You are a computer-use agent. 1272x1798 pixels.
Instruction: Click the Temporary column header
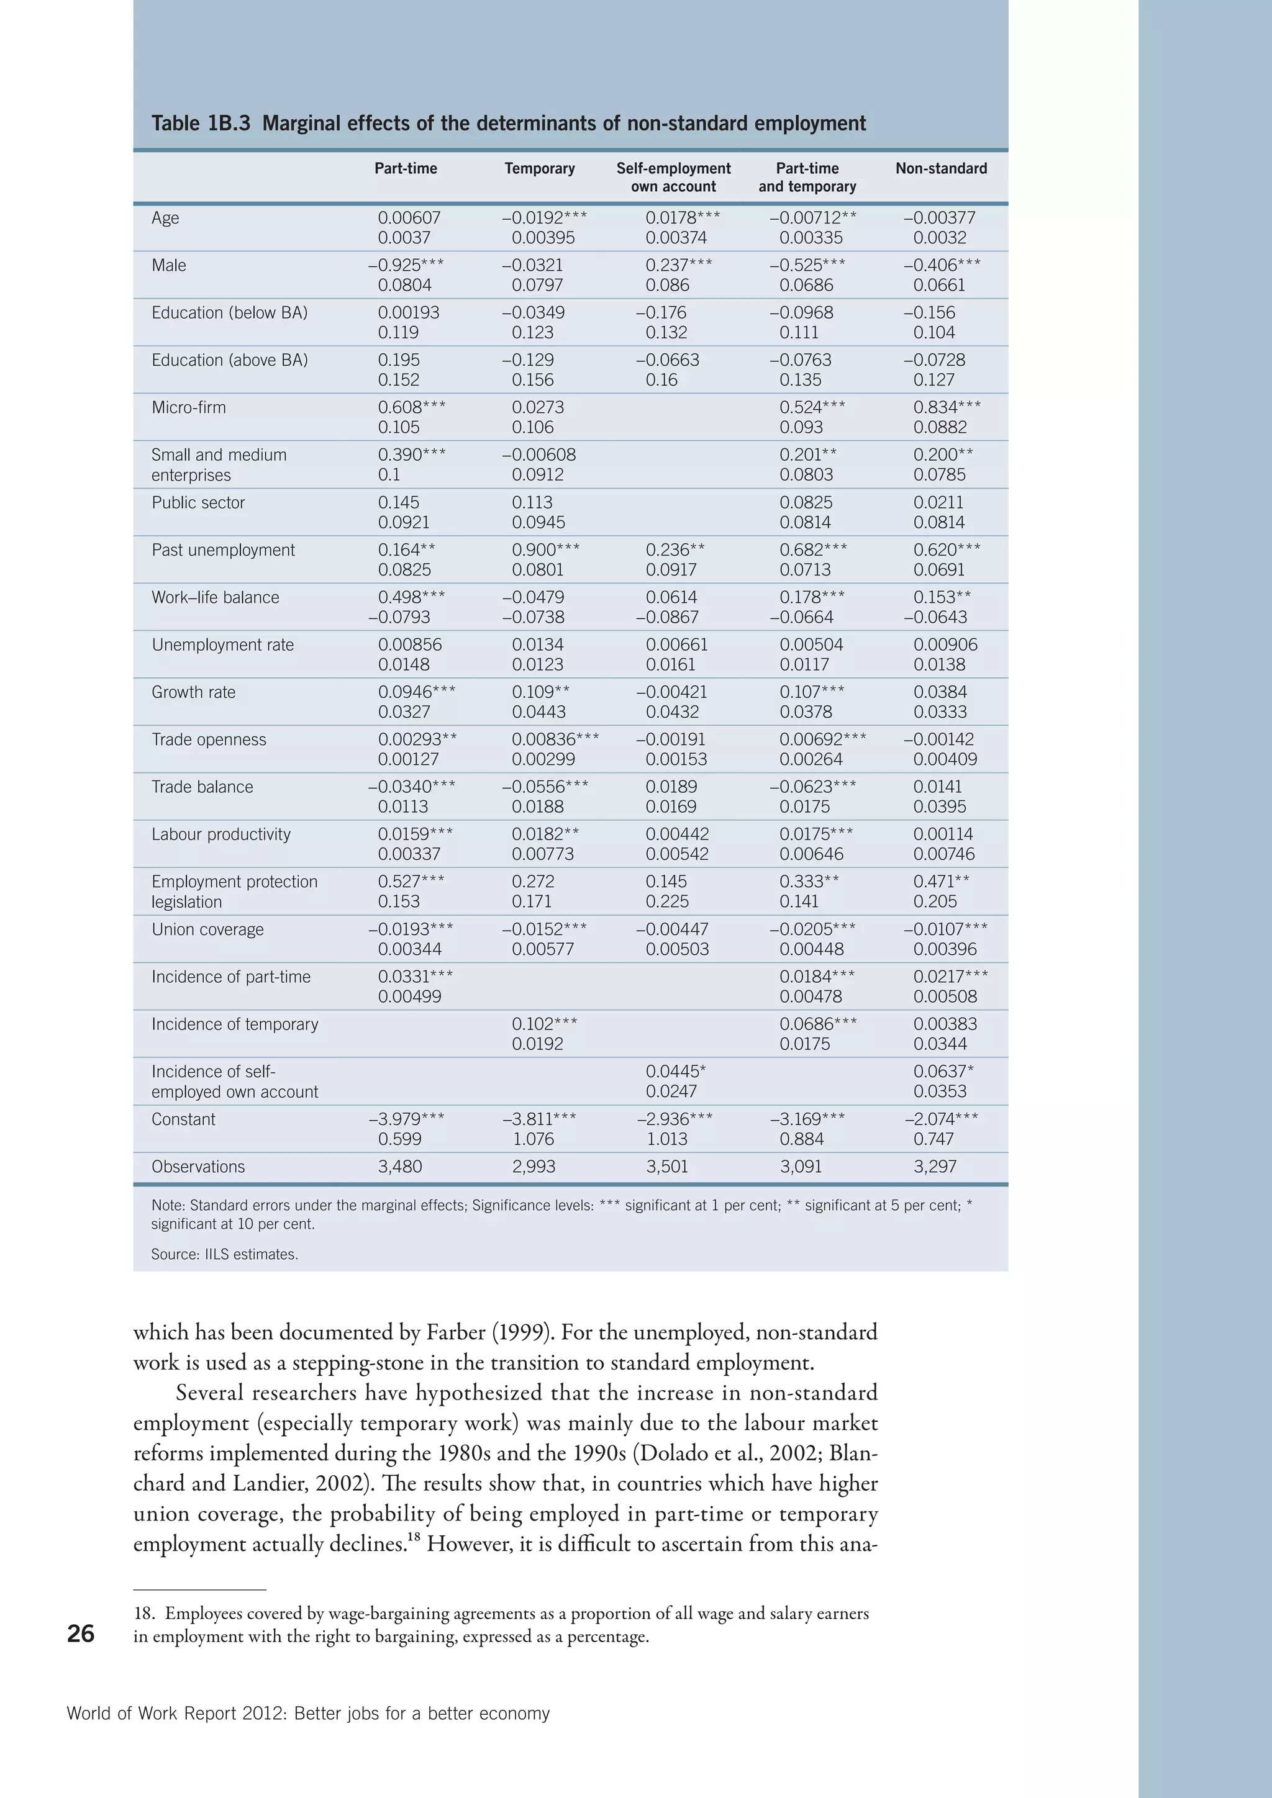coord(539,168)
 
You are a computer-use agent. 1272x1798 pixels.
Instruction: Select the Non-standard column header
coord(941,168)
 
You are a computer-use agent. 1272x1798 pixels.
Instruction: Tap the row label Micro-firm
coord(189,407)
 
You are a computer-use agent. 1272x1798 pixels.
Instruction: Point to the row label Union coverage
coord(207,929)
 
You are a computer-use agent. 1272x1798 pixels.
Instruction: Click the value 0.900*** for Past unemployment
coord(545,549)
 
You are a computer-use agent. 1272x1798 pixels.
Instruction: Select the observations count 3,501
coord(666,1167)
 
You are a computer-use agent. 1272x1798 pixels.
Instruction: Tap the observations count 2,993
coord(534,1167)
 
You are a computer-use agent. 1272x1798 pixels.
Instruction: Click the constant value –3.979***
coord(406,1119)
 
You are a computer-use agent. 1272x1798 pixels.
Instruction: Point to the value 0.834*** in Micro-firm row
coord(946,407)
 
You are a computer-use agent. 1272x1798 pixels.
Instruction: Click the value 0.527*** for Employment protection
coord(411,882)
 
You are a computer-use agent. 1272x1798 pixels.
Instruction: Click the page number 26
coord(81,1633)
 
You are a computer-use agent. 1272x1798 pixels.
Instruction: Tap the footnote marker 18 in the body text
coord(414,1537)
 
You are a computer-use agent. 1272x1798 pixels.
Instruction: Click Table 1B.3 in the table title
coord(201,124)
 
